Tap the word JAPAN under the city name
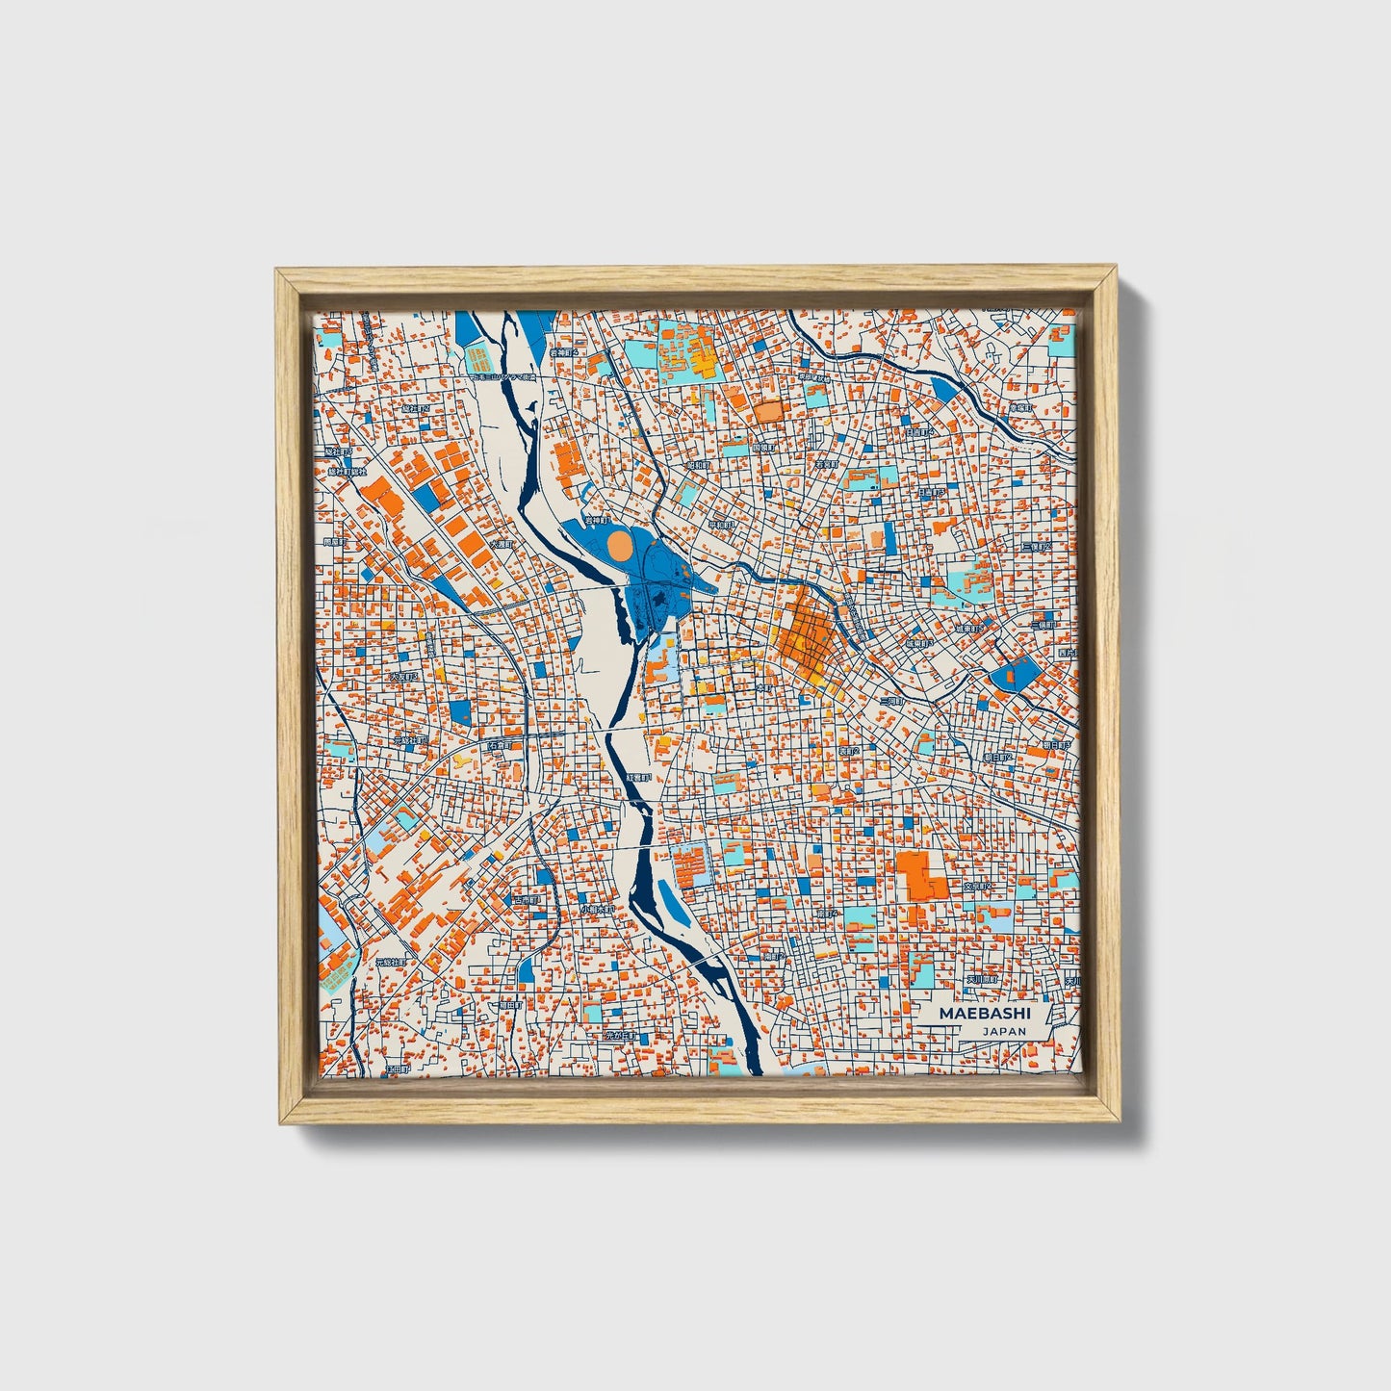(1004, 1031)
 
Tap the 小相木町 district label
(597, 909)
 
